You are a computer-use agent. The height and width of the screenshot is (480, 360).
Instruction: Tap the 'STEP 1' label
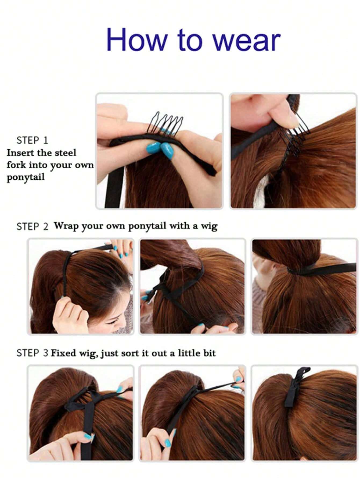32,140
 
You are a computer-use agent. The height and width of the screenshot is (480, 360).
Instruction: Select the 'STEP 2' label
32,226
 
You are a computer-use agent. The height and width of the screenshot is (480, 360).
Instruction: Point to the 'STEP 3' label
32,353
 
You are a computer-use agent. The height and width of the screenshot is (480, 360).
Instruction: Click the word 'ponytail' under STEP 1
25,177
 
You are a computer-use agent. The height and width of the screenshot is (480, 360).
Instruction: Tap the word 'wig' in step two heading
209,226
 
